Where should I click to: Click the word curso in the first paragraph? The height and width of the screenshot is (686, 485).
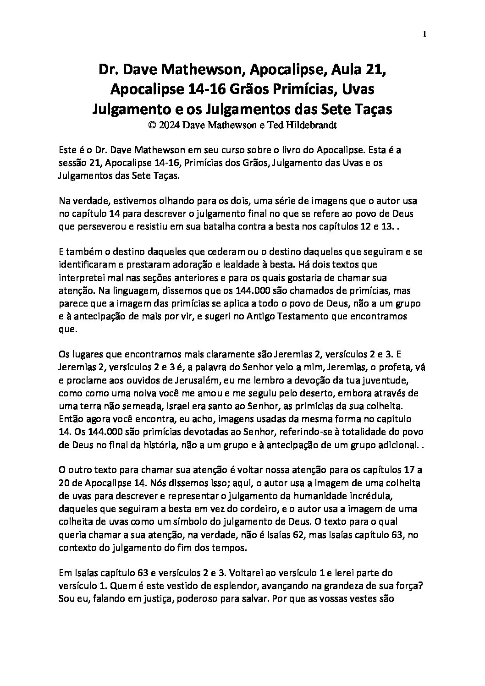click(x=211, y=150)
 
